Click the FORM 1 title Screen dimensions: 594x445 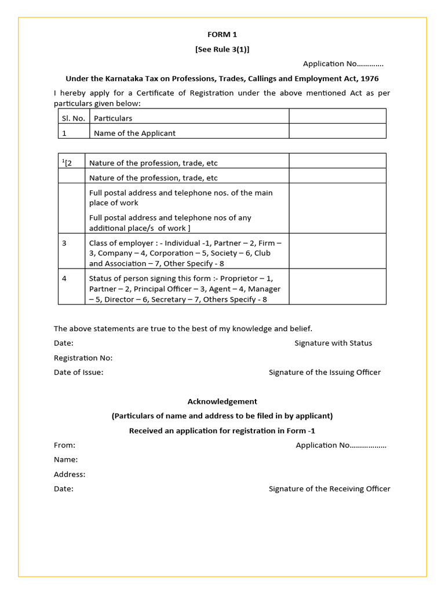[222, 35]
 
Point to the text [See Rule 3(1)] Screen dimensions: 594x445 [222, 49]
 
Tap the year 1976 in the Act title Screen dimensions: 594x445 [369, 78]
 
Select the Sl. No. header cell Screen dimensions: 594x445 [74, 118]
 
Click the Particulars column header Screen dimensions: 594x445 [113, 118]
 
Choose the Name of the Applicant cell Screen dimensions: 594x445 [134, 133]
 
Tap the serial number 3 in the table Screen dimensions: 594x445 [64, 243]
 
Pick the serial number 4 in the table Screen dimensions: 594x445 [64, 278]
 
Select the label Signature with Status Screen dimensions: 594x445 [333, 343]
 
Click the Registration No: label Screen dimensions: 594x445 [83, 358]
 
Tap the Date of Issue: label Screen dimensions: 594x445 [79, 372]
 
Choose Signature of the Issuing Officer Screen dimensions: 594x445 [324, 372]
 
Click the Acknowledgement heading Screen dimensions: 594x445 [222, 401]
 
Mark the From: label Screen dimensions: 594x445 [65, 445]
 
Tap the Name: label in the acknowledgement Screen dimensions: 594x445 [66, 459]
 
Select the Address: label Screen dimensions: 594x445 [70, 474]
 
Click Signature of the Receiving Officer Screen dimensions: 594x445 [329, 488]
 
